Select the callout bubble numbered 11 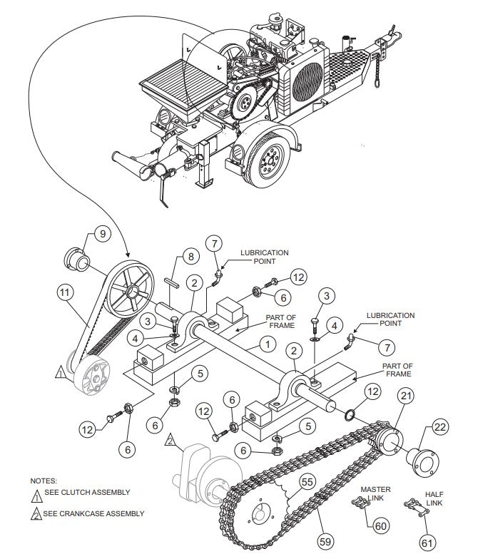coord(66,291)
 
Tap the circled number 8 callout coord(189,256)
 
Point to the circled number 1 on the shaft coord(266,344)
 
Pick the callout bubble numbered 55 coord(307,482)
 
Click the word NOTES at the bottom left coord(44,481)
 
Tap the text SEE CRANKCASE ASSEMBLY coord(93,513)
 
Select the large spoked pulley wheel coord(133,292)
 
